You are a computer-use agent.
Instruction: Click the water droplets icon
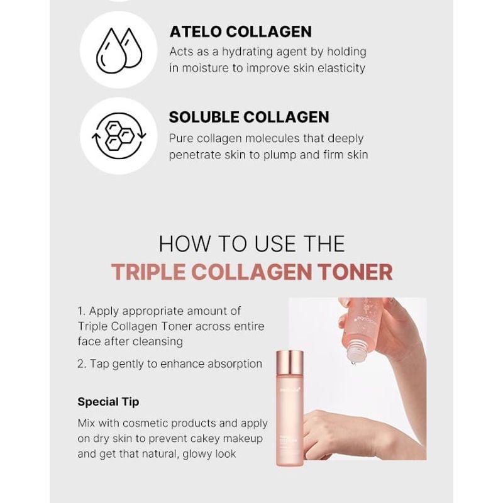pos(119,50)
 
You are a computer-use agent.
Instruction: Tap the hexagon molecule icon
pos(119,135)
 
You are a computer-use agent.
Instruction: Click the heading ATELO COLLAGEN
pos(240,32)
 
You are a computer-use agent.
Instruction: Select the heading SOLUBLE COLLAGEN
pos(249,117)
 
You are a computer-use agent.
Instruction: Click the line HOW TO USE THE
pos(251,243)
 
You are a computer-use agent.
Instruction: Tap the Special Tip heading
pos(108,401)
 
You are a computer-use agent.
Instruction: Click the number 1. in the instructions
pos(82,311)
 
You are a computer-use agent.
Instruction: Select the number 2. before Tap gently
pos(82,363)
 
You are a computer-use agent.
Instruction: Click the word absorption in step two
pos(233,363)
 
